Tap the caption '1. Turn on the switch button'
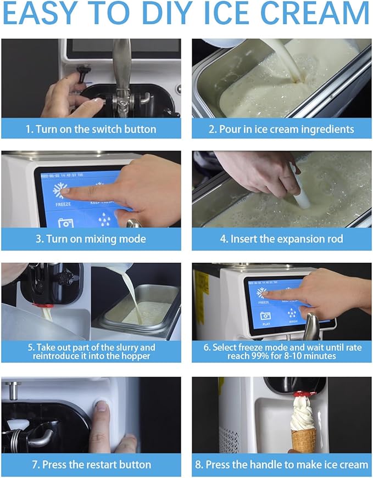(91, 130)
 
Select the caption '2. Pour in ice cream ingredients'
(282, 130)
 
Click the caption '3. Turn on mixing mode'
(91, 239)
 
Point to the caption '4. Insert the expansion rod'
(282, 239)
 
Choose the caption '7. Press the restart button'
(91, 464)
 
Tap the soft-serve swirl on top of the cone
(303, 412)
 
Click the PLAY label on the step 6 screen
(266, 324)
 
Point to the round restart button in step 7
(101, 406)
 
